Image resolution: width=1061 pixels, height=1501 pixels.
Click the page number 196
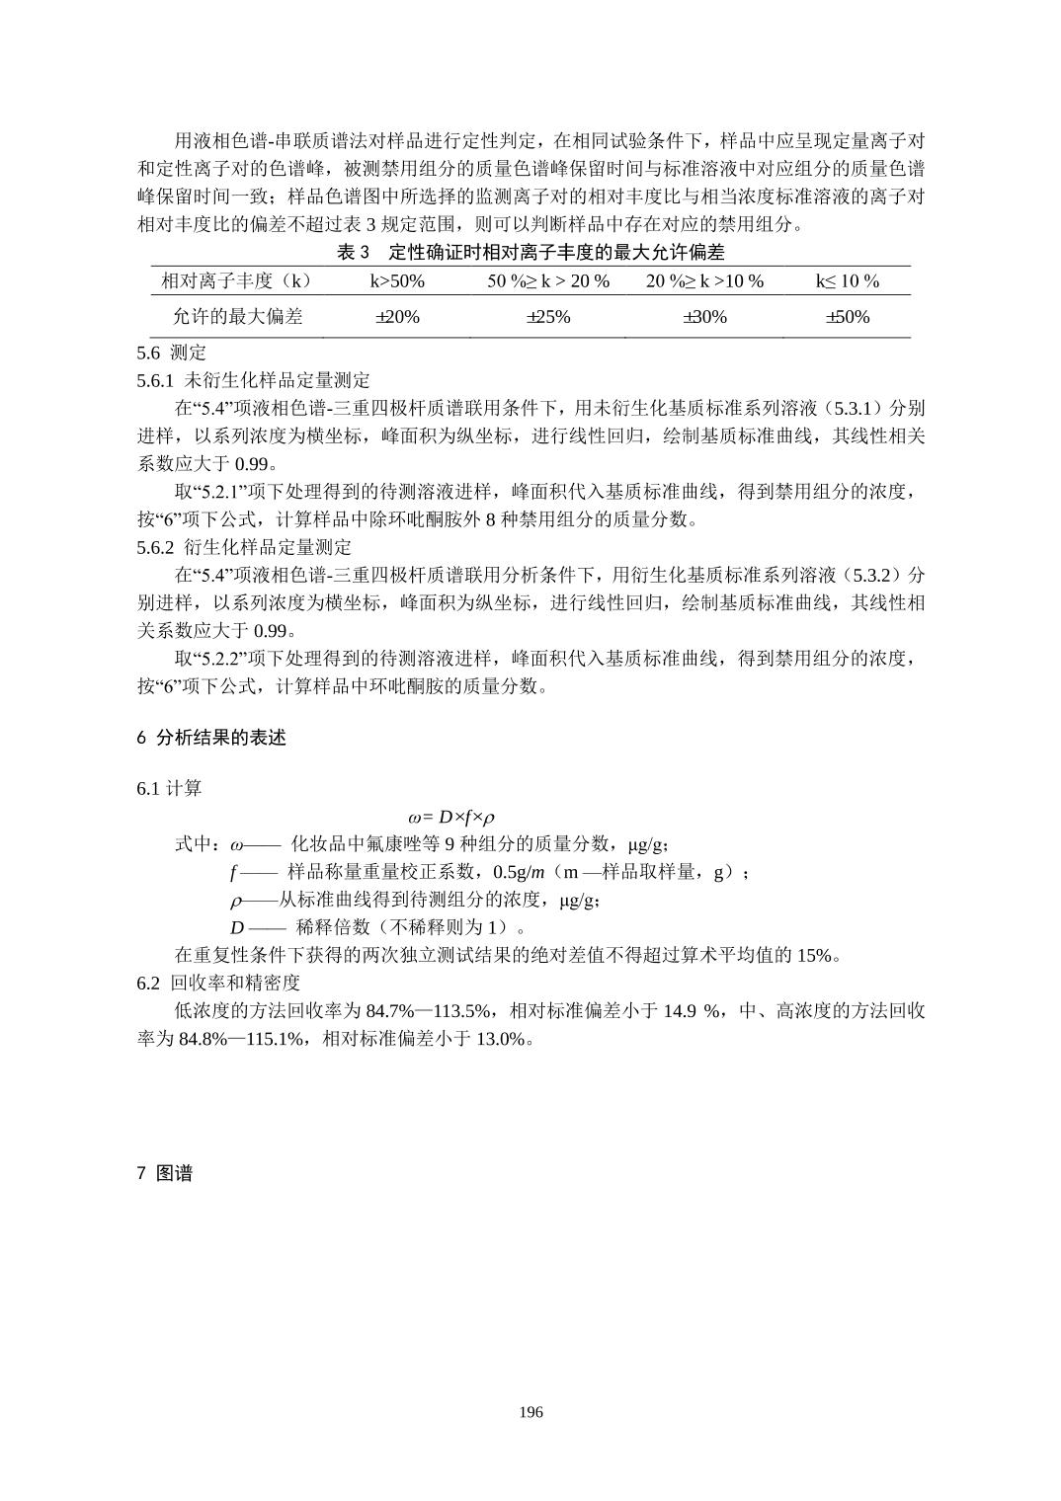click(530, 1412)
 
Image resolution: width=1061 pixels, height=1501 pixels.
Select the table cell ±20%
click(397, 317)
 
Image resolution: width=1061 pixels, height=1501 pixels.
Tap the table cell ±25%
click(548, 317)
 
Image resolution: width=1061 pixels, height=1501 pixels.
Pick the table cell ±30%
click(704, 317)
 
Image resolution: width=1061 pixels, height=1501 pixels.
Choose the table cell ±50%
click(848, 317)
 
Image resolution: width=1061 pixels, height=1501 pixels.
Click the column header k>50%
click(397, 281)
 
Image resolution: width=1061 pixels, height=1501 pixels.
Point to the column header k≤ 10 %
click(848, 281)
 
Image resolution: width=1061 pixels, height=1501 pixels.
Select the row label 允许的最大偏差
click(238, 317)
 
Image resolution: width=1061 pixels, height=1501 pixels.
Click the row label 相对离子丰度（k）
click(238, 281)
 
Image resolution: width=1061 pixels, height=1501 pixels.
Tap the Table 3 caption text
click(530, 253)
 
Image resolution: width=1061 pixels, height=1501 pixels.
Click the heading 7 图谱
click(165, 1174)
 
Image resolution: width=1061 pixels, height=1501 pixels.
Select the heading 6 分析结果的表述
click(211, 738)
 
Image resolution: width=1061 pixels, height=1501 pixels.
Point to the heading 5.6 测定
click(172, 353)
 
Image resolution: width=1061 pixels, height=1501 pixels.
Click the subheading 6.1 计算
click(170, 788)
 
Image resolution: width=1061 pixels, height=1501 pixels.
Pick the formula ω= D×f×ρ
click(450, 817)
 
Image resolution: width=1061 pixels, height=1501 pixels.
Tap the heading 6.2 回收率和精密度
click(218, 983)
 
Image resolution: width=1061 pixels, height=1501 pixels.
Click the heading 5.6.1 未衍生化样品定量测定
click(254, 380)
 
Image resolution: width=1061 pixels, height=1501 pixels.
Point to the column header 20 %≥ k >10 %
click(704, 281)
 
